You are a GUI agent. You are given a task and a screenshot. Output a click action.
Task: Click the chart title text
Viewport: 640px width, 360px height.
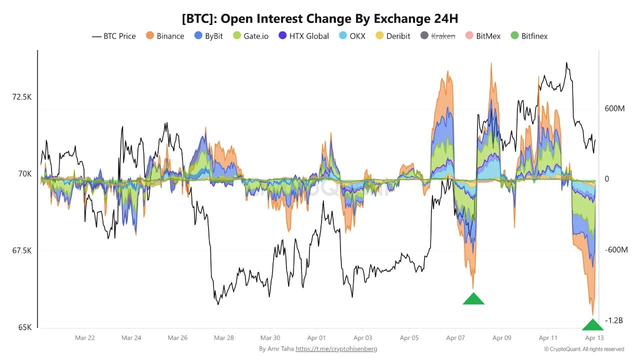tap(320, 18)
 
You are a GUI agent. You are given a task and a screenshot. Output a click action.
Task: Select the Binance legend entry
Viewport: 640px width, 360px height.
tap(165, 36)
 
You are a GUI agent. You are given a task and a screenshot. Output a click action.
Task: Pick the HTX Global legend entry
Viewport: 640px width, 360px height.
tap(303, 36)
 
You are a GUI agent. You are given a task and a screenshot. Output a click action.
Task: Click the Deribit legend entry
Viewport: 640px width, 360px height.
tap(393, 36)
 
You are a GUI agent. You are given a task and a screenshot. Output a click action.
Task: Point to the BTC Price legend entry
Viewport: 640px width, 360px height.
tap(114, 36)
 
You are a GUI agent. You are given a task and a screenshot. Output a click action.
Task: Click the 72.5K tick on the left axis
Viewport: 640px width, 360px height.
tap(22, 96)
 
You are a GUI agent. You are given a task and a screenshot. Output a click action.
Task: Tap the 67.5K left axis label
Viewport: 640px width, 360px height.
tap(22, 250)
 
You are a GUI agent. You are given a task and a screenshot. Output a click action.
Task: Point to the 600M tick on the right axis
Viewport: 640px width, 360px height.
tap(615, 108)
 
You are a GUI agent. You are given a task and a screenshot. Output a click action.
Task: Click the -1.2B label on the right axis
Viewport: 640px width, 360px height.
tap(614, 320)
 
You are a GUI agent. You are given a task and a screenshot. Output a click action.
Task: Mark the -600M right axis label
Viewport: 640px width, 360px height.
tap(616, 249)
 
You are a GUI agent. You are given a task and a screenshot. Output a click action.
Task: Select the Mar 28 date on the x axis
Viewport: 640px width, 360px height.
tap(224, 338)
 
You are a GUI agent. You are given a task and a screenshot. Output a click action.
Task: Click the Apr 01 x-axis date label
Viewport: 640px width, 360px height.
tap(316, 338)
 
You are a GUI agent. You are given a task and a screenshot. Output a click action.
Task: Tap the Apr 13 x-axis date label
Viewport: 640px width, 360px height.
tap(594, 338)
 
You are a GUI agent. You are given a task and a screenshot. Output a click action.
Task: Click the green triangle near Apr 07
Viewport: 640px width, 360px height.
tap(473, 299)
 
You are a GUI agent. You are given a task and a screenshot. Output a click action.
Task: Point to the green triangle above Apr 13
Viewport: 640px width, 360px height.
tap(593, 325)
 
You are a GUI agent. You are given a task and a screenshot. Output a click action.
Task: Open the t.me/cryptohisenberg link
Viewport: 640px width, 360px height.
tap(336, 349)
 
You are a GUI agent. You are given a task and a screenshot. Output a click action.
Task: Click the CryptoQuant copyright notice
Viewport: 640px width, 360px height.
tap(584, 349)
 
